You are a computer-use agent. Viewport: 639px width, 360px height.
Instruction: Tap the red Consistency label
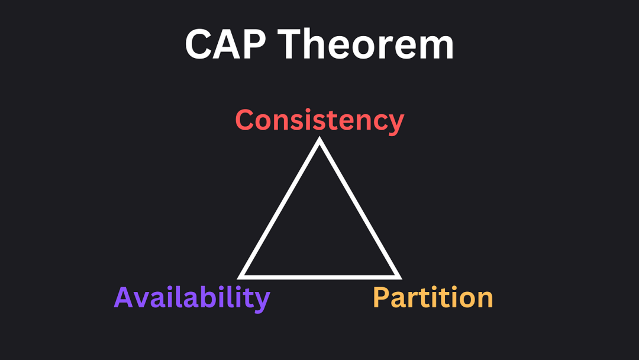(x=319, y=121)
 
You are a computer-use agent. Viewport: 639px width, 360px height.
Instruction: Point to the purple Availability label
(x=192, y=298)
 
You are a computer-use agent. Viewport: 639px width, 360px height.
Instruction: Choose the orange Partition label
(x=433, y=297)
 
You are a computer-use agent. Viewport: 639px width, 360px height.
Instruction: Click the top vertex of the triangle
(x=319, y=137)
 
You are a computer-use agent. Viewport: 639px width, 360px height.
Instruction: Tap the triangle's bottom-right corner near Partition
(x=401, y=279)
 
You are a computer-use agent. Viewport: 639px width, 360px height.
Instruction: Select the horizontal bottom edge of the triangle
(x=319, y=277)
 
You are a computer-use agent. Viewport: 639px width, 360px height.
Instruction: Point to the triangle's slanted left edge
(x=279, y=207)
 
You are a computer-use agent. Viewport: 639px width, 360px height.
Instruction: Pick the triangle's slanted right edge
(x=360, y=207)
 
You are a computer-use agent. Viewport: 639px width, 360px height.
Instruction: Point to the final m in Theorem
(x=435, y=48)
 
